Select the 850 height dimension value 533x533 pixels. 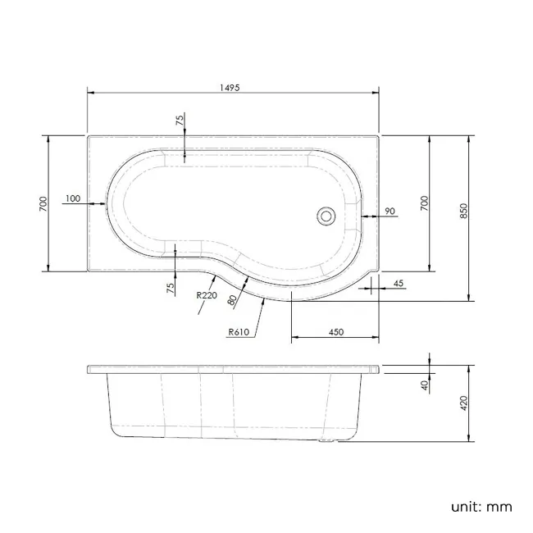point(464,211)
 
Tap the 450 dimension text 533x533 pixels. point(335,331)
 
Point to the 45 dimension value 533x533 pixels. point(399,283)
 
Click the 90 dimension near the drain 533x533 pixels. point(389,212)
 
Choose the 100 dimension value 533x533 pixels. point(71,198)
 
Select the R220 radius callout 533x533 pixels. point(207,295)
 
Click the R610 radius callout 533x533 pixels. point(240,332)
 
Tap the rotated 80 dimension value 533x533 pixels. point(234,300)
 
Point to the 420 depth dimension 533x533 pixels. point(464,403)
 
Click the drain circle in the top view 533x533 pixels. point(327,216)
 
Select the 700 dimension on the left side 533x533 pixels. point(43,203)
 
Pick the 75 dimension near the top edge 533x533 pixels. point(180,120)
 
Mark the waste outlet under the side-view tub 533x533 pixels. point(329,444)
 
